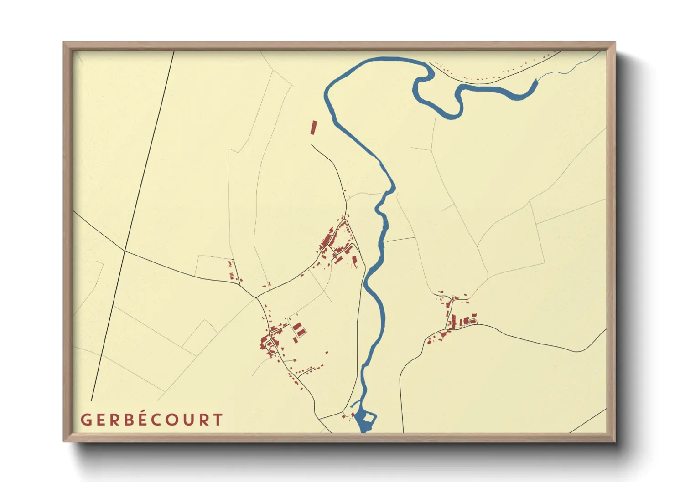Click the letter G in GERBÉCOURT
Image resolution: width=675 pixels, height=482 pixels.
[x=86, y=420]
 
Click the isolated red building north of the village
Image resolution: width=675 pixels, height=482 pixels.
[x=313, y=127]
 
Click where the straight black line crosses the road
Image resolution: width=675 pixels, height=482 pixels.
[x=125, y=251]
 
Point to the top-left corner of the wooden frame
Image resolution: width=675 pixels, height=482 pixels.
[x=64, y=43]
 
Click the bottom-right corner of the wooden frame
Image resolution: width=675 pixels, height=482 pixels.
[x=615, y=441]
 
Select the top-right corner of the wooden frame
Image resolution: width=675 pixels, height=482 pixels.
[x=615, y=43]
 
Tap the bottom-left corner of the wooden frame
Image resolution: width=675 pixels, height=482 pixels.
[x=64, y=441]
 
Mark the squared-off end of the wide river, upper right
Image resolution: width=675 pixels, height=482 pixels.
[x=535, y=82]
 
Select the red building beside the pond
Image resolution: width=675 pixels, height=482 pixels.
[x=352, y=414]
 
